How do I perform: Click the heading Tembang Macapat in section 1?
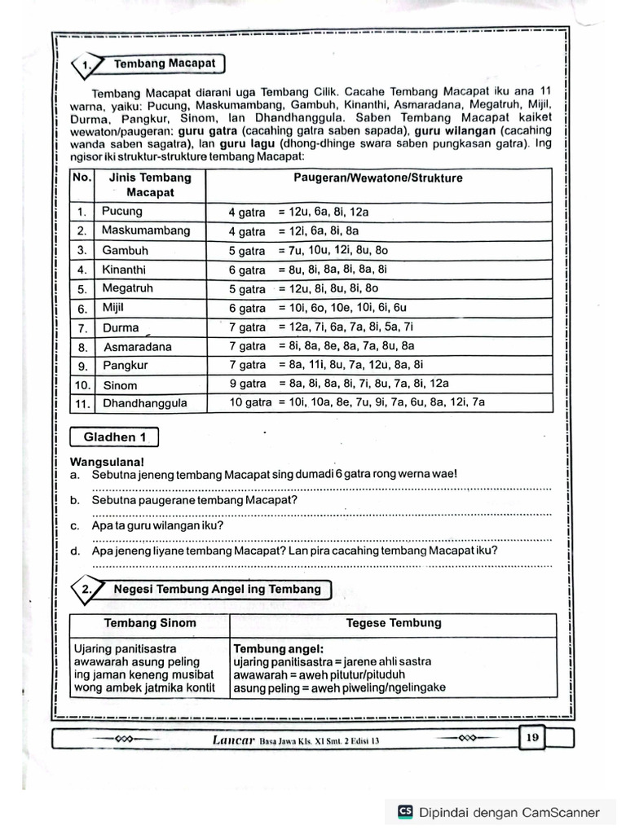[164, 64]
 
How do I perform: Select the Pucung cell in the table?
[122, 211]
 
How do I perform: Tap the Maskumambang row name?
[146, 230]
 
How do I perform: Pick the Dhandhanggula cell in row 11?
[145, 403]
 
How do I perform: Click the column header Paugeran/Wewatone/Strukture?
[377, 178]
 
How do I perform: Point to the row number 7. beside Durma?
[82, 328]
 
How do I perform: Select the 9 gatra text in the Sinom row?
[248, 384]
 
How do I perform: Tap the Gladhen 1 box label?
[115, 437]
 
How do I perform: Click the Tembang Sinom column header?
[150, 624]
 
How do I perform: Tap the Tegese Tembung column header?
[394, 623]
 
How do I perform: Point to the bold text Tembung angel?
[279, 649]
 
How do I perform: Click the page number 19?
[532, 738]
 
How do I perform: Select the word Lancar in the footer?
[234, 740]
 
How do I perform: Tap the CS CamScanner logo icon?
[405, 811]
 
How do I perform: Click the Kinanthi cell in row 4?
[125, 269]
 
